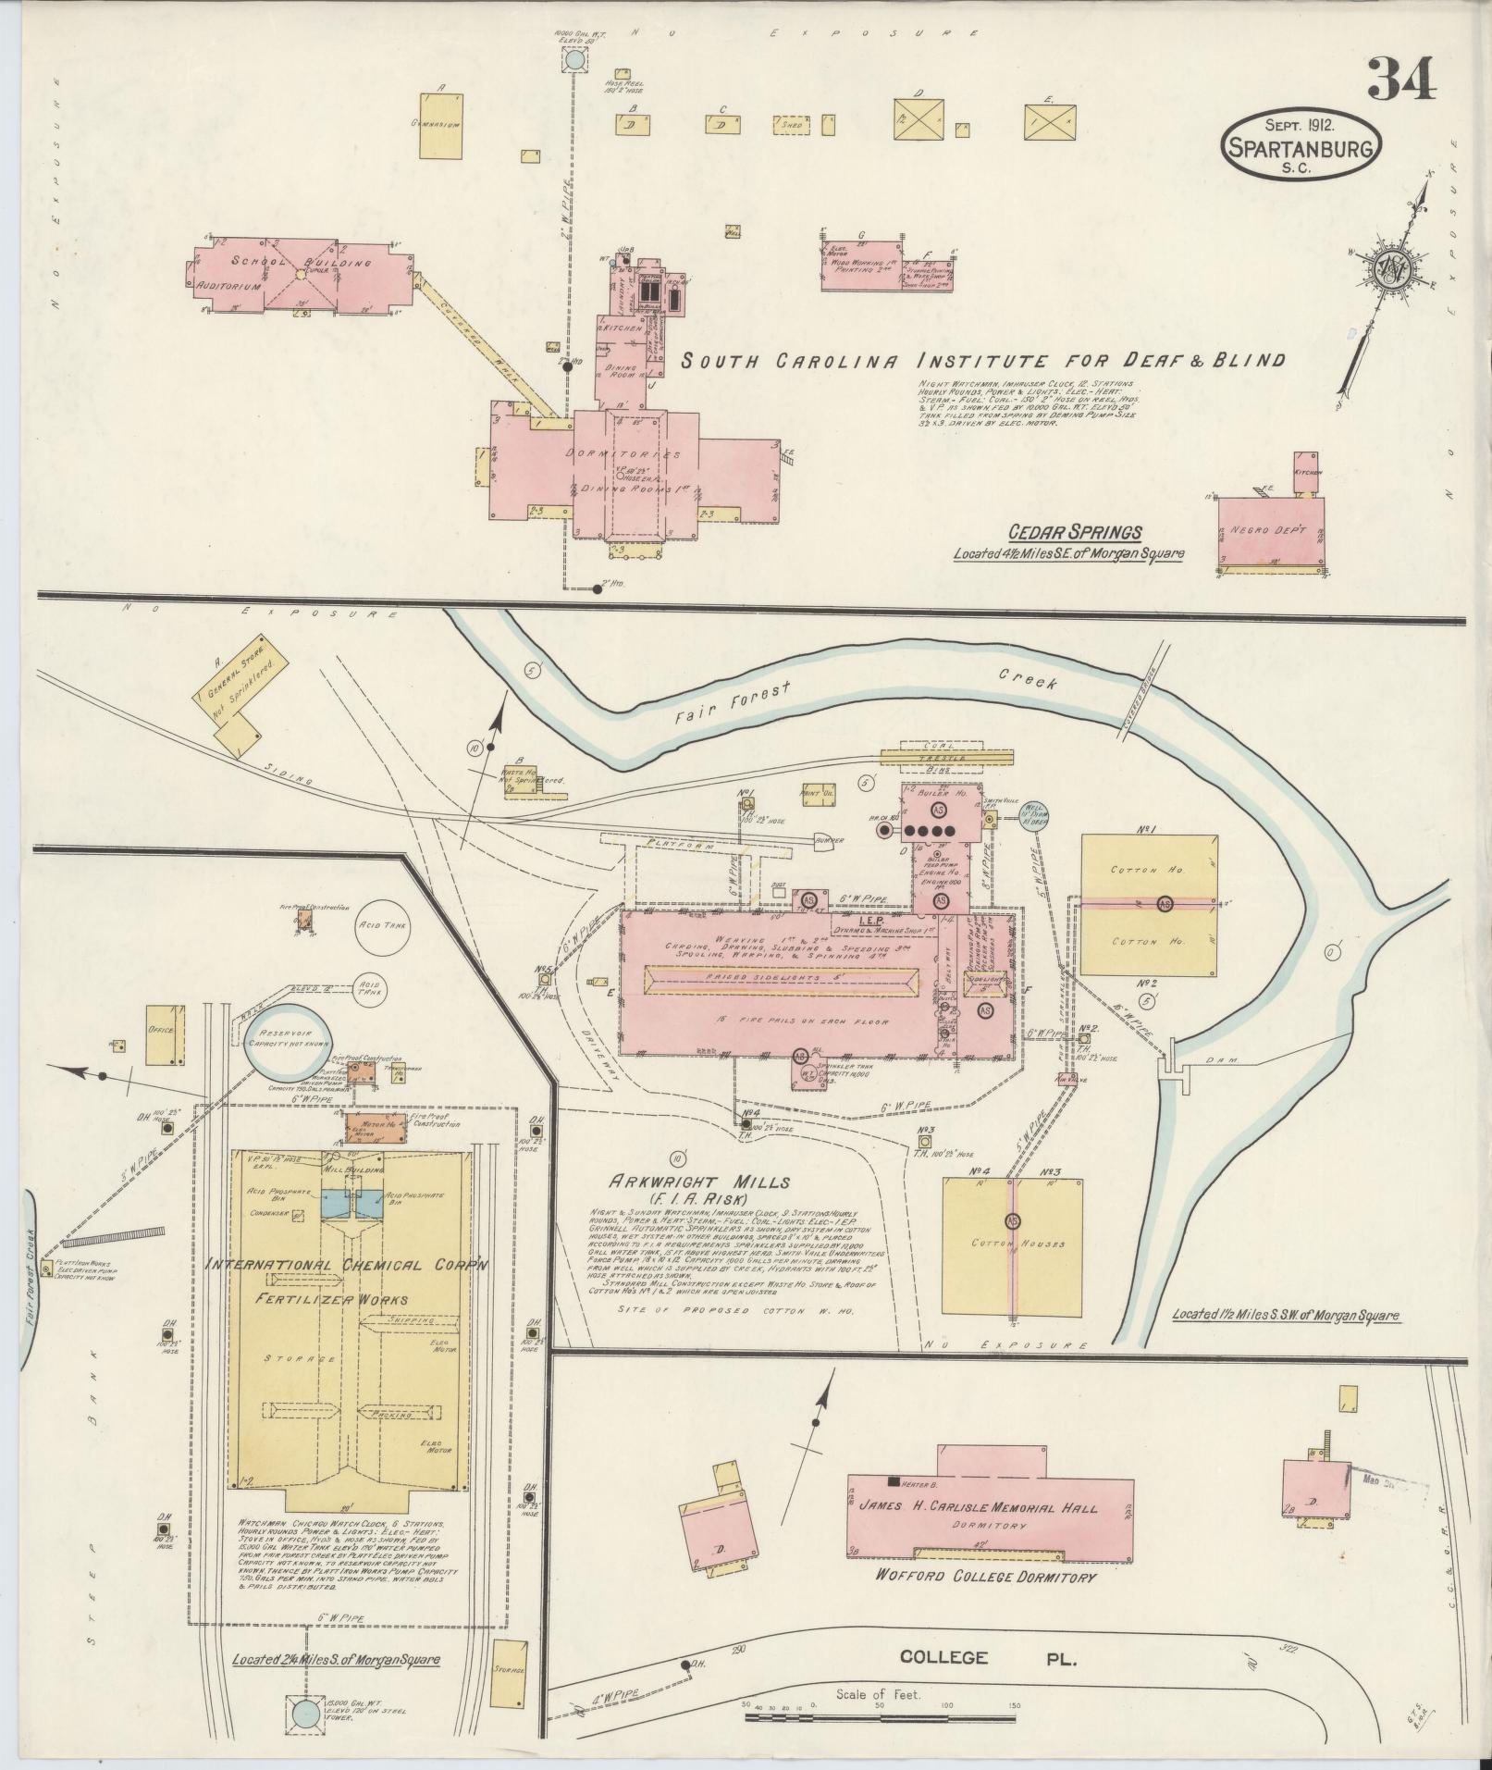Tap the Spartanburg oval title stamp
click(x=1301, y=145)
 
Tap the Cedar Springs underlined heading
click(x=1074, y=532)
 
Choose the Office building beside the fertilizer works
click(x=162, y=1033)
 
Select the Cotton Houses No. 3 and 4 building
click(x=1014, y=1244)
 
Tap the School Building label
click(x=301, y=263)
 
